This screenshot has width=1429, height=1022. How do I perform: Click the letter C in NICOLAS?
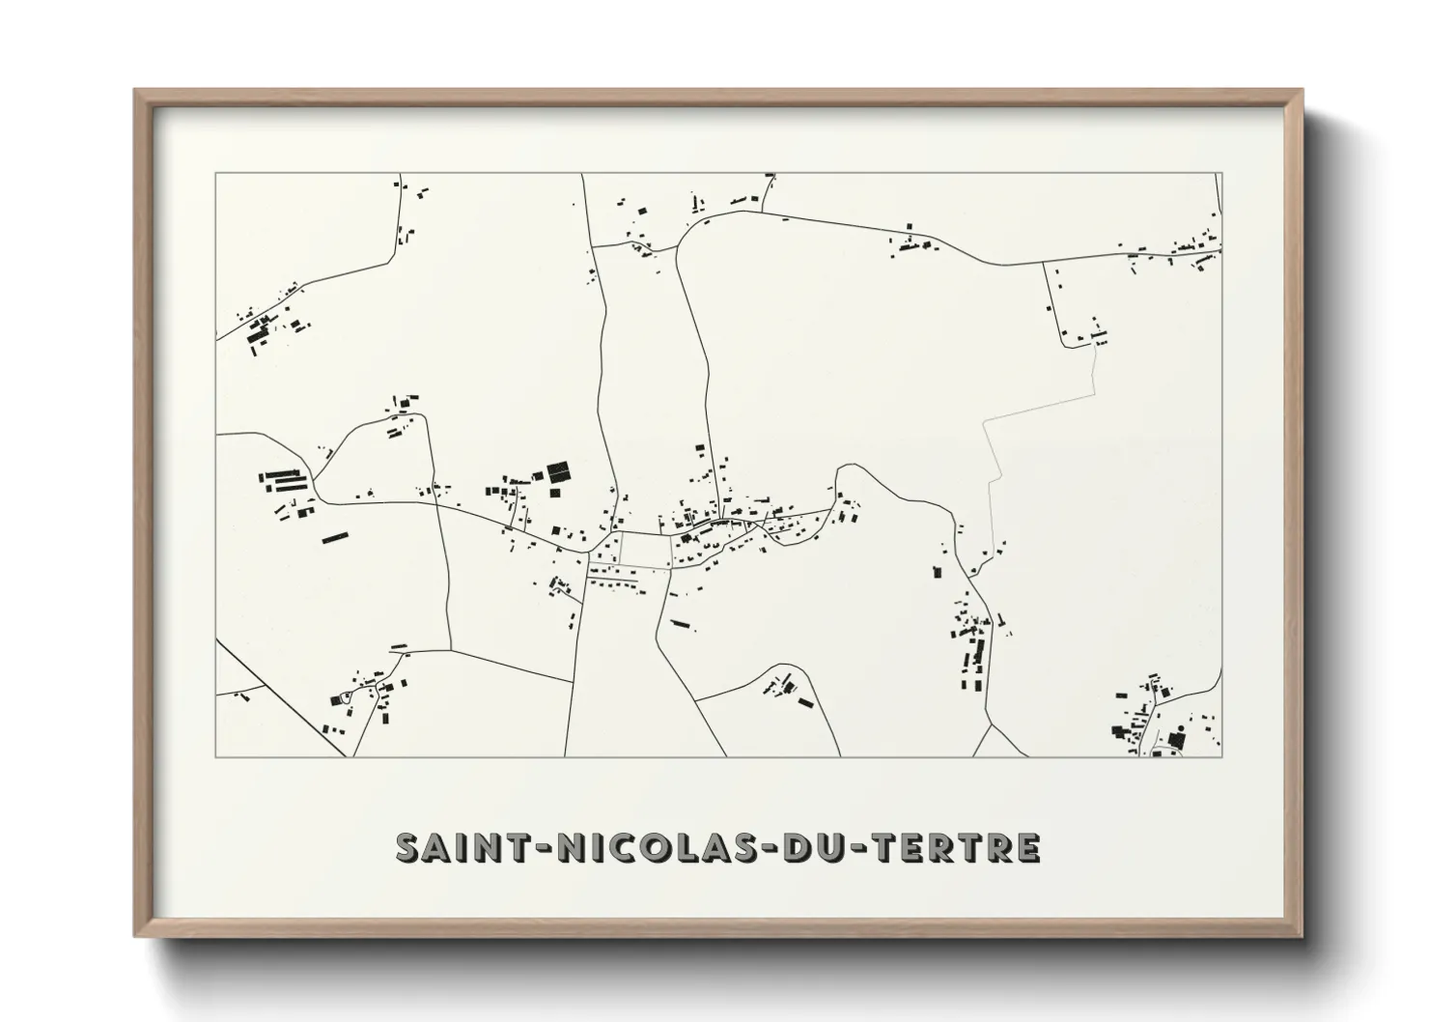coord(624,847)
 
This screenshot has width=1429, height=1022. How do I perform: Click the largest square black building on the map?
coord(559,473)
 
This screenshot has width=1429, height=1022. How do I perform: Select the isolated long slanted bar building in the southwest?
coord(334,537)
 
